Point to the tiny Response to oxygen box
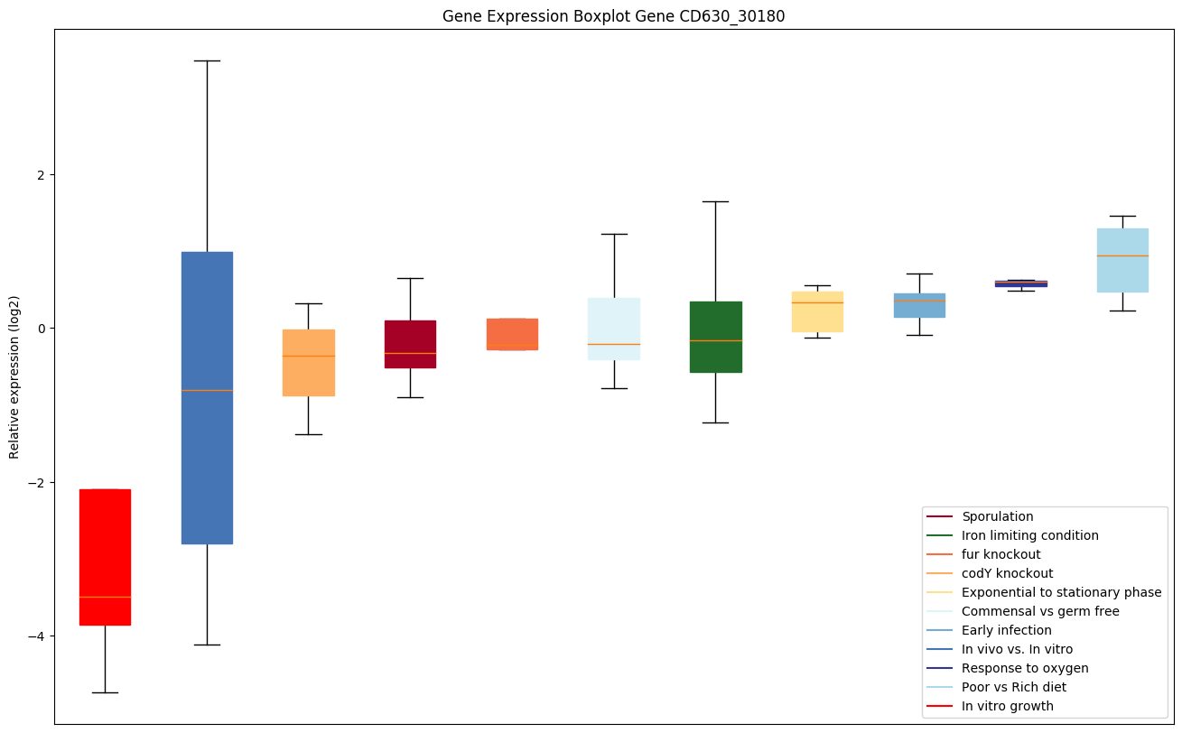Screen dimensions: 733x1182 pos(1020,283)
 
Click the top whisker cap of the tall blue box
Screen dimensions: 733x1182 pos(207,60)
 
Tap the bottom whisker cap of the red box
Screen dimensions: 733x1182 pos(105,692)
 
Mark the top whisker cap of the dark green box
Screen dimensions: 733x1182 pos(715,201)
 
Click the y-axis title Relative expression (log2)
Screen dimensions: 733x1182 pos(14,376)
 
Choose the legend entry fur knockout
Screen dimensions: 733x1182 pos(1001,554)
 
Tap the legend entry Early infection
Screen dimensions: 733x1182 pos(1006,630)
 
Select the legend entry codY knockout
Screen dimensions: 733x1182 pos(1007,573)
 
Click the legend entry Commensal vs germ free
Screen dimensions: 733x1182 pos(1040,611)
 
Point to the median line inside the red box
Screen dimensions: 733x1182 pos(105,597)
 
